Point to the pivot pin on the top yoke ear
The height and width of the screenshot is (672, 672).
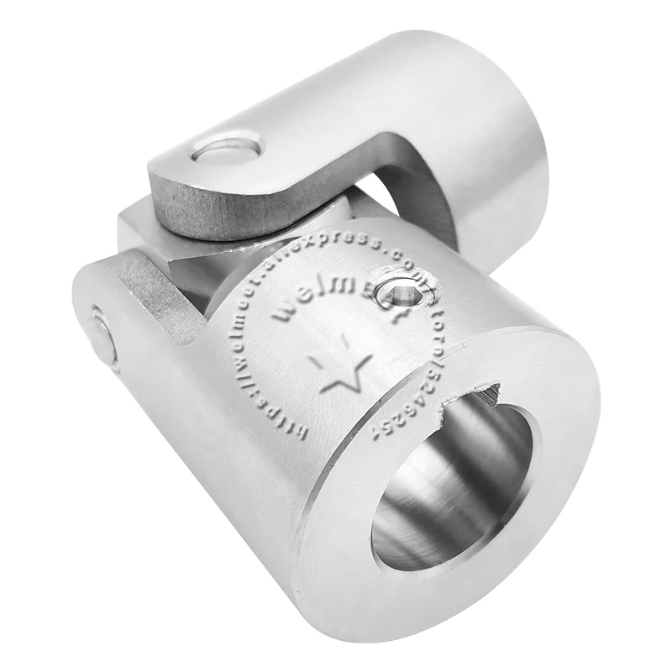(226, 149)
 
